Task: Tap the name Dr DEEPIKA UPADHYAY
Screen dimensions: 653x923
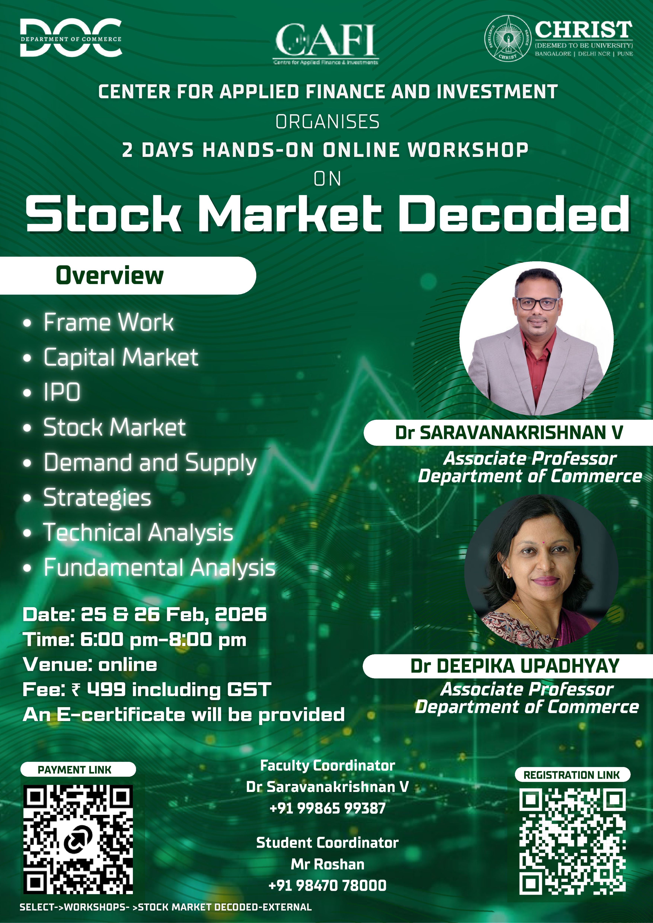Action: pyautogui.click(x=515, y=666)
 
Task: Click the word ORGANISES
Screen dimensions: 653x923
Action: pyautogui.click(x=327, y=122)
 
